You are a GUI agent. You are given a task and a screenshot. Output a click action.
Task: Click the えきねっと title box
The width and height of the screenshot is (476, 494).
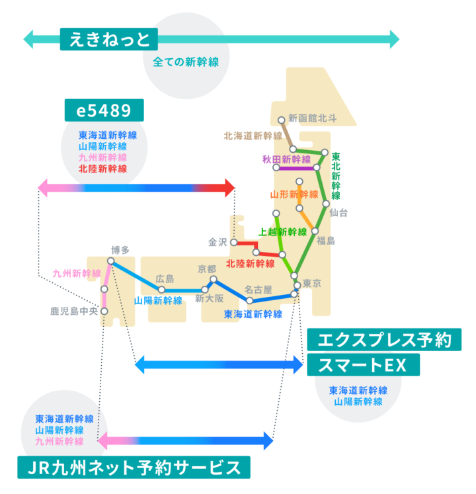[x=108, y=39]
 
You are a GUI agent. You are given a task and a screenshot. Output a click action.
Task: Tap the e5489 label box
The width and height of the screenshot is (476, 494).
[x=104, y=110]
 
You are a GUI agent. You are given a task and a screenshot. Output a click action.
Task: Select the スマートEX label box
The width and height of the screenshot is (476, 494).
[x=363, y=365]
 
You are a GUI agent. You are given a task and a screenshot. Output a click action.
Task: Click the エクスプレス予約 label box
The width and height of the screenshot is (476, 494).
[x=384, y=340]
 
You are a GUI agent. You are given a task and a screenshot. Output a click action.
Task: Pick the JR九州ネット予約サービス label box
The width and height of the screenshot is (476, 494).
[x=134, y=468]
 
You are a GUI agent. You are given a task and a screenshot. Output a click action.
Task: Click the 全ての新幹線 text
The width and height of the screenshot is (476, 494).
[x=186, y=62]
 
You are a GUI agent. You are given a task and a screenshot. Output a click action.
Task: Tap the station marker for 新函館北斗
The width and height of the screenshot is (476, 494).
[x=282, y=120]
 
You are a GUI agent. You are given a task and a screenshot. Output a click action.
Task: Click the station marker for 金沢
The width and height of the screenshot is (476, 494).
[x=234, y=242]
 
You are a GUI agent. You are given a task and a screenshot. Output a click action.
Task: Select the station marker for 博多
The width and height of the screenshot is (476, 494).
[x=110, y=261]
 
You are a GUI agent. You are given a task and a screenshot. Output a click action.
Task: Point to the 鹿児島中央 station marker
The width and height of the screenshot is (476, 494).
[x=104, y=311]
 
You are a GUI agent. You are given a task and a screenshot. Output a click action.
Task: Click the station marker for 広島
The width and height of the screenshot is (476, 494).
[x=161, y=290]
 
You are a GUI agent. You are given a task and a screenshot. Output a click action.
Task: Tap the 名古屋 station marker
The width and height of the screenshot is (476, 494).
[x=249, y=300]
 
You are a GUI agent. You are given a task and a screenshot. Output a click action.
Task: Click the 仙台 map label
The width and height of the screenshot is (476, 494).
[x=338, y=213]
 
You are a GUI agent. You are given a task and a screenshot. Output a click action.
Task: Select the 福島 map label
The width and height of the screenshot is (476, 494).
[x=326, y=241]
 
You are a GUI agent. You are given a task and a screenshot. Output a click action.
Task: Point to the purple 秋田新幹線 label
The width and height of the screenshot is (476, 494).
[x=287, y=159]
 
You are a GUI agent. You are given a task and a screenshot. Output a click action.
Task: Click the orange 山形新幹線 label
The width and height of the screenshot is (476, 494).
[x=294, y=194]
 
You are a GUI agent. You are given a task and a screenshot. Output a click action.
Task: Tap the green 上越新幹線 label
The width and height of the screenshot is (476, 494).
[x=282, y=232]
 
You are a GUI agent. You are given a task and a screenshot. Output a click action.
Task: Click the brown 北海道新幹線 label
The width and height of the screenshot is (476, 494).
[x=253, y=136]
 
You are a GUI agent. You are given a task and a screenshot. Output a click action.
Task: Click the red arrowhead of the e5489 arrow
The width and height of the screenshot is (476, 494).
[x=230, y=188]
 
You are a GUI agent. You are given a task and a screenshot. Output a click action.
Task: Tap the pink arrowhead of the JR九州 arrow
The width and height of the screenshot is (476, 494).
[x=102, y=440]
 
